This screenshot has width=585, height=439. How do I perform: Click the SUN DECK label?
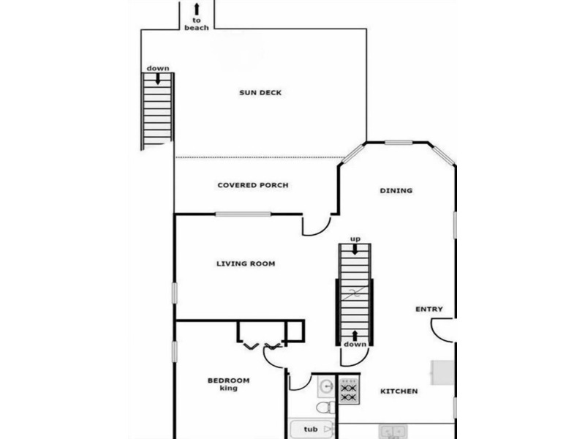260,93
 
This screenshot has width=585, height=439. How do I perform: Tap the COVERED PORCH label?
253,185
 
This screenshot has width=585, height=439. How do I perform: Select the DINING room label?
396,191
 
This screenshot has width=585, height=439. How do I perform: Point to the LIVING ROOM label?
246,263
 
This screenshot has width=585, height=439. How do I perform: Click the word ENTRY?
429,309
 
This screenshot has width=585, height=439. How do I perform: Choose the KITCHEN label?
399,391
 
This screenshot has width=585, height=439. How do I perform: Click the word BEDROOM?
229,380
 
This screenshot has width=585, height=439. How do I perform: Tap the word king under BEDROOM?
229,389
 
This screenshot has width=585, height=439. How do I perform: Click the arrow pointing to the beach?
197,10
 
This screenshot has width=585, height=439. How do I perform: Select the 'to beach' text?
197,24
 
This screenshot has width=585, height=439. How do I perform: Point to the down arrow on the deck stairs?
158,79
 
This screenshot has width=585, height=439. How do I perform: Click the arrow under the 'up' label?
355,249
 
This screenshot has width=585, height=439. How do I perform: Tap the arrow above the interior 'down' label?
355,336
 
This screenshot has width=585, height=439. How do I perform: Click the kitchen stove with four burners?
350,390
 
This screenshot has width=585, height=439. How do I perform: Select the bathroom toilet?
325,408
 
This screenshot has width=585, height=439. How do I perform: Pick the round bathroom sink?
327,386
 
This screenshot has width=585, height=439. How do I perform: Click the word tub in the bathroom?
311,429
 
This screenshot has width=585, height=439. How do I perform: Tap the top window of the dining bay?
399,142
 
